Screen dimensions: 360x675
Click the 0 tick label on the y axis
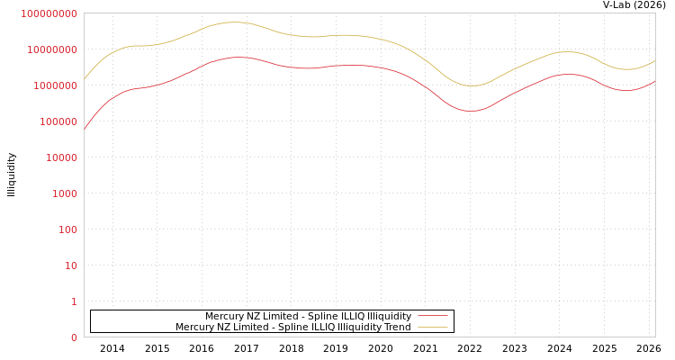tap(74, 337)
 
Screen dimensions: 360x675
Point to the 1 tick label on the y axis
tap(74, 301)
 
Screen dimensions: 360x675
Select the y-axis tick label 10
tap(71, 265)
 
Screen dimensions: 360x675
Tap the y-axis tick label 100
tap(68, 229)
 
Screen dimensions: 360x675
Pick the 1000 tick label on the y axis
tap(66, 193)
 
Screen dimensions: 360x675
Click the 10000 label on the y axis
tap(63, 157)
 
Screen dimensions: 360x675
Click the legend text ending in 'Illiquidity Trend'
tap(292, 328)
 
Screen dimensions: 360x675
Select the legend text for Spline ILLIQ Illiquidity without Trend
tap(308, 317)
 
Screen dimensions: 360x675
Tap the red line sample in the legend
tap(432, 317)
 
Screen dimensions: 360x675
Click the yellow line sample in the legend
tap(432, 328)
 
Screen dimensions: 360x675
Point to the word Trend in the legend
tap(397, 328)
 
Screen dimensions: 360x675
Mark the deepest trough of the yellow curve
tap(472, 85)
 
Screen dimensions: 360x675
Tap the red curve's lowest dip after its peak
tap(472, 111)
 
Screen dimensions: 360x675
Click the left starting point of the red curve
tap(85, 129)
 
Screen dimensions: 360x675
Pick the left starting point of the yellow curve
tap(85, 78)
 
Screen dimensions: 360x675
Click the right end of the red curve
tap(654, 81)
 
